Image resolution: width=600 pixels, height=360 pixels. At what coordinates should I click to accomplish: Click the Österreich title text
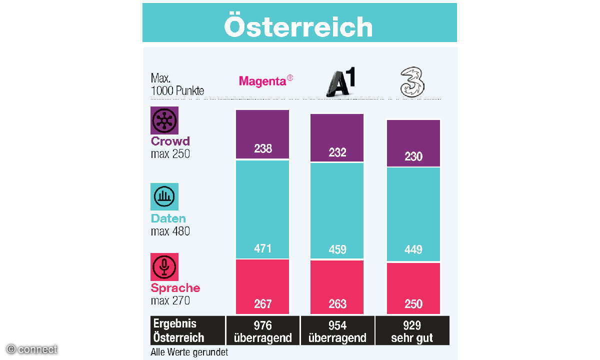(298, 26)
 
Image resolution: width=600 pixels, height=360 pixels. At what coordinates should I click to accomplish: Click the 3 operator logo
(412, 82)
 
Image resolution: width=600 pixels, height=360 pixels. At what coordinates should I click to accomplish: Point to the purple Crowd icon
(164, 120)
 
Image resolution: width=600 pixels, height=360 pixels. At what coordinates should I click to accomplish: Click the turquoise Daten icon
(164, 196)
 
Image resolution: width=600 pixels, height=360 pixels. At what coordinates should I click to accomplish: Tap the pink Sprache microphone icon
(164, 266)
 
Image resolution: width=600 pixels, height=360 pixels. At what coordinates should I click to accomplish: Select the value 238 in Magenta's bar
(262, 148)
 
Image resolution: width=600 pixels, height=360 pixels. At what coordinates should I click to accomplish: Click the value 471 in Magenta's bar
(262, 248)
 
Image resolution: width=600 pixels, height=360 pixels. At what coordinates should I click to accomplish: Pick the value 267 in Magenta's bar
(262, 303)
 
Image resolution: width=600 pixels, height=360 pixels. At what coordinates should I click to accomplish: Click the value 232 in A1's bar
(337, 152)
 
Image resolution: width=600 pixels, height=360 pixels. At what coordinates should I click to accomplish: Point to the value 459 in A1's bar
(337, 249)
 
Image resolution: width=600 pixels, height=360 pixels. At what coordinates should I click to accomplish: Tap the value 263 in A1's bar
(337, 304)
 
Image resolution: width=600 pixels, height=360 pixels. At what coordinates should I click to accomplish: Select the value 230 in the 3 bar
(413, 156)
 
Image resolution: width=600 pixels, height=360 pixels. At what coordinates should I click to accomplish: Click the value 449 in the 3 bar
(413, 249)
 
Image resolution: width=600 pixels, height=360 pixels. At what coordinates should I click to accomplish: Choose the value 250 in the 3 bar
(413, 304)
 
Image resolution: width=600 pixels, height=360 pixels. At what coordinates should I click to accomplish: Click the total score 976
(262, 325)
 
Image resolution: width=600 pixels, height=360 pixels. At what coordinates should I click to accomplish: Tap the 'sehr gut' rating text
(412, 337)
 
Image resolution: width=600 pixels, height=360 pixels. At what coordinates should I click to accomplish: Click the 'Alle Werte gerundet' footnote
(189, 352)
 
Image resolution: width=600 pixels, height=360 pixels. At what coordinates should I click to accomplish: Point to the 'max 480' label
(170, 231)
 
